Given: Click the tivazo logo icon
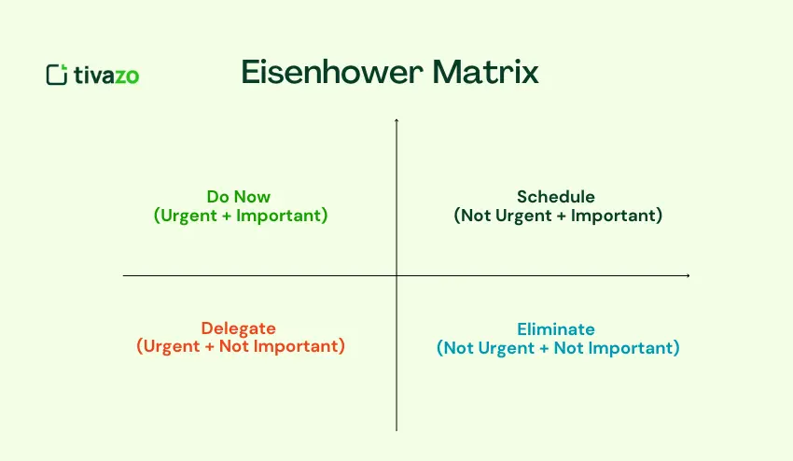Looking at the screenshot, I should [57, 75].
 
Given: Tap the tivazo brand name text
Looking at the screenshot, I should [106, 76].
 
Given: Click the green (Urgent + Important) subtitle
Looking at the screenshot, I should [241, 216].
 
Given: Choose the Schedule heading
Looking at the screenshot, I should [556, 197].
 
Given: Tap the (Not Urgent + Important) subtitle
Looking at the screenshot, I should [558, 216].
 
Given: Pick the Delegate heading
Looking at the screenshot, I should [239, 328].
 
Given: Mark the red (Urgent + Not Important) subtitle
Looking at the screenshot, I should [241, 347].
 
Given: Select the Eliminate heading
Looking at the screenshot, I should [556, 329].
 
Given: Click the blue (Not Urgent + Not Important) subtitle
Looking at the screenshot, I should [558, 348].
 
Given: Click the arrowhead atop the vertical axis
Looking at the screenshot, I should [397, 121].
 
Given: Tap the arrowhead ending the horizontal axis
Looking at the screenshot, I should [688, 275].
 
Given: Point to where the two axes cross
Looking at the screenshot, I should [397, 275].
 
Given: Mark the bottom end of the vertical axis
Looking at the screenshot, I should [397, 429].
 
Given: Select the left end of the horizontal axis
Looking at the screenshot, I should [124, 275].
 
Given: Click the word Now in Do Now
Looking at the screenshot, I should [257, 197].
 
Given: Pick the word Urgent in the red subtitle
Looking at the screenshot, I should [169, 347].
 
